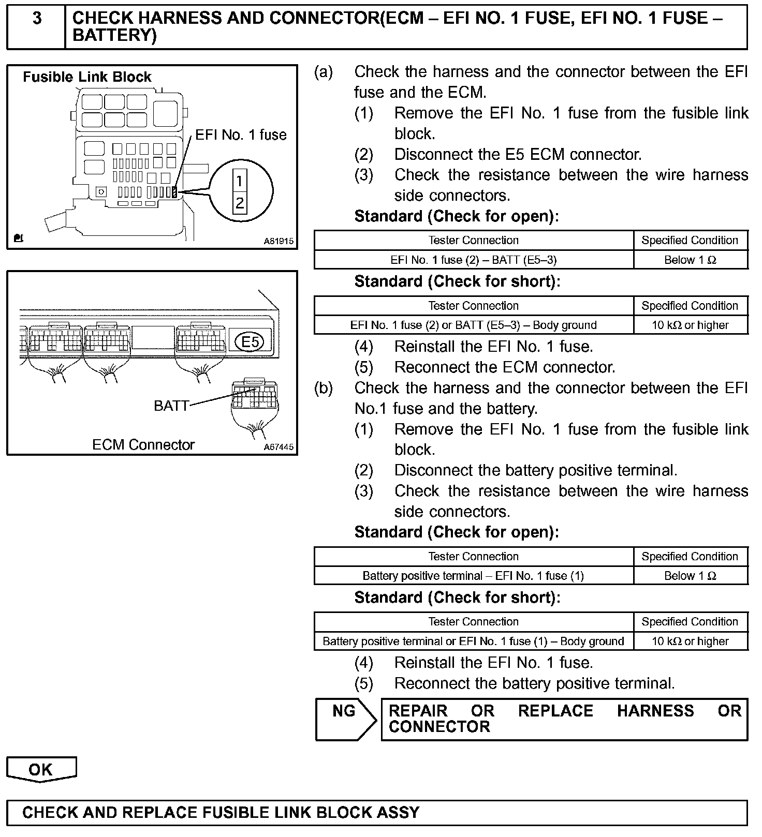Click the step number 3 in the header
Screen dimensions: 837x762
[37, 19]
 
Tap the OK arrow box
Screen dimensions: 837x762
[41, 769]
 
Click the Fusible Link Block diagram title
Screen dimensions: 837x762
[87, 77]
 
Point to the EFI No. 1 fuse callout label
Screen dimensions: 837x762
[241, 135]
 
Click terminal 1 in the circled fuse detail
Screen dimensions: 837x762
[239, 181]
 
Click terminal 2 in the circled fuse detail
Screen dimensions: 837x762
[239, 203]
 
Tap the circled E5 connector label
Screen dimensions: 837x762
[250, 341]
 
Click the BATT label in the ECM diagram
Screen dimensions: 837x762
[171, 406]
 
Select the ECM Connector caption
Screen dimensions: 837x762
[143, 445]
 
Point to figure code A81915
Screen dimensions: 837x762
[279, 241]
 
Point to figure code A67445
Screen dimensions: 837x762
[279, 447]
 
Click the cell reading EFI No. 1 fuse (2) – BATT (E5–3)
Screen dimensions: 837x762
[474, 260]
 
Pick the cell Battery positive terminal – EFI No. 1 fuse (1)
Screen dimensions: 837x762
[473, 576]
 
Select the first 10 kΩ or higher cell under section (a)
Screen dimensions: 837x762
[690, 325]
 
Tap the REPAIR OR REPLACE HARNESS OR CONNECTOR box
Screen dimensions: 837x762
[564, 719]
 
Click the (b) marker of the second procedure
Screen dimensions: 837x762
[324, 388]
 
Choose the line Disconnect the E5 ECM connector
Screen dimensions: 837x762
[518, 154]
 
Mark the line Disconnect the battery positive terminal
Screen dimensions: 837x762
[535, 470]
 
